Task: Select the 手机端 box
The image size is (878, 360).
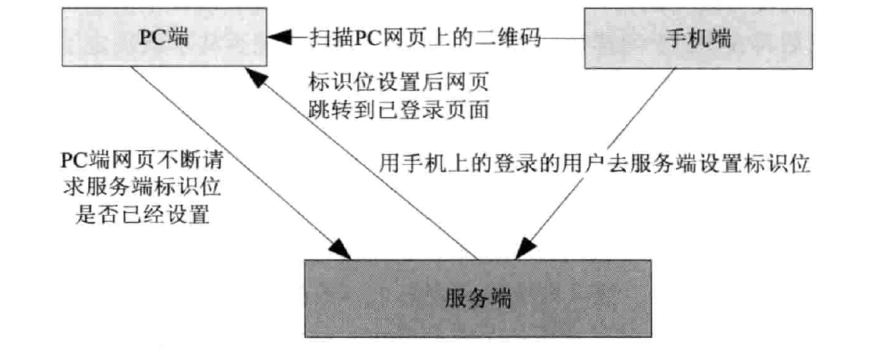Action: coord(693,38)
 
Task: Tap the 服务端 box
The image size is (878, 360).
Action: coord(478,298)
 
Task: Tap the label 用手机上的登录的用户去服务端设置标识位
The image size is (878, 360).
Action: coord(595,163)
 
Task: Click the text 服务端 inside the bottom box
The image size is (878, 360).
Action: coord(478,298)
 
